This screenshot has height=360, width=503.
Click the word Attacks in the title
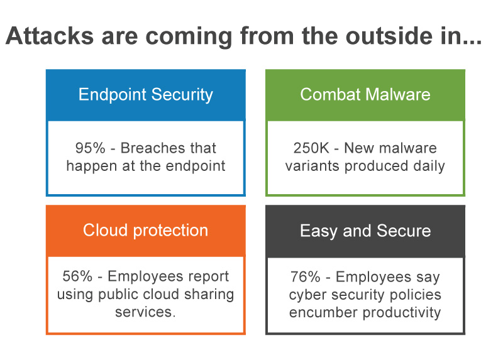(50, 36)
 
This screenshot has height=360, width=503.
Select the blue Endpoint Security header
(146, 95)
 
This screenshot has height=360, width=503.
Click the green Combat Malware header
(365, 95)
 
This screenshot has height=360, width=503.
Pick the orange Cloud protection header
(146, 231)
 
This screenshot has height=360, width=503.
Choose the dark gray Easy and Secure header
(365, 231)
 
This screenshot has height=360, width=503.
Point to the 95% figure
(90, 148)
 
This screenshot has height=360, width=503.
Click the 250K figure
(311, 148)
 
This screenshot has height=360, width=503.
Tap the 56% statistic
(77, 276)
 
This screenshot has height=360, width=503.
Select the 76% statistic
(306, 277)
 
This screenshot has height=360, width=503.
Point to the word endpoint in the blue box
(196, 166)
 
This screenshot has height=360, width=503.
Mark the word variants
(312, 166)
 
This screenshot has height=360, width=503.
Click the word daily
(429, 166)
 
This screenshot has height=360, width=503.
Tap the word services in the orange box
(145, 312)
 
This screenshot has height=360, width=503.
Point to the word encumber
(323, 312)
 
